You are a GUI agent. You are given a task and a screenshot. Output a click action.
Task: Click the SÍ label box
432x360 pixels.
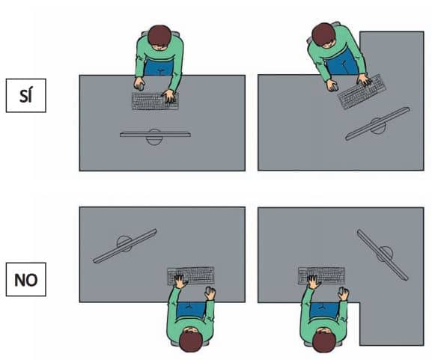(x=26, y=95)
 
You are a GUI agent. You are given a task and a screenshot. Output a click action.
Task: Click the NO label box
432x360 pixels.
(x=26, y=279)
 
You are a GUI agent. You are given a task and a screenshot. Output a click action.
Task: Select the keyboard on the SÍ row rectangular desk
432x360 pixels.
(x=155, y=101)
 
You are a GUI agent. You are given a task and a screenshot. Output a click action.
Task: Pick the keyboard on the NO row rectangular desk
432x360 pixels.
(x=191, y=275)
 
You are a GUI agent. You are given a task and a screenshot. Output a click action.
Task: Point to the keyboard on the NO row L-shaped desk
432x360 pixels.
(x=321, y=275)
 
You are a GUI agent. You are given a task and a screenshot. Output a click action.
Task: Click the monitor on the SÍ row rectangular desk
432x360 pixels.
(x=155, y=135)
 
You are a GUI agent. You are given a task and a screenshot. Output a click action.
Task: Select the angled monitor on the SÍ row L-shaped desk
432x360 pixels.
(x=377, y=124)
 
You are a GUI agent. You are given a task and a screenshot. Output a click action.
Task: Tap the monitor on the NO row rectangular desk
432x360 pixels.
(x=125, y=246)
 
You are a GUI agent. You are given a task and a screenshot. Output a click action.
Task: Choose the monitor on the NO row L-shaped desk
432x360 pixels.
(x=383, y=254)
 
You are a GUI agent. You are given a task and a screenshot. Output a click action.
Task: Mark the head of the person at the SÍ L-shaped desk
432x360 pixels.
(x=324, y=35)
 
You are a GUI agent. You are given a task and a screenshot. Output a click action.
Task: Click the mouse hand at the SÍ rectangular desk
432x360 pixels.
(x=139, y=84)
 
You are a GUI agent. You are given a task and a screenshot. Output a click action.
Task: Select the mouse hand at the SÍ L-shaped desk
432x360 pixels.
(x=332, y=85)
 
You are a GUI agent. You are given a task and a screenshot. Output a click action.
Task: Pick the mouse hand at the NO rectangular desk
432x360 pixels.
(x=210, y=293)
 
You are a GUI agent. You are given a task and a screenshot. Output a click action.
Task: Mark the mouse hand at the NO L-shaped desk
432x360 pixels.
(x=344, y=293)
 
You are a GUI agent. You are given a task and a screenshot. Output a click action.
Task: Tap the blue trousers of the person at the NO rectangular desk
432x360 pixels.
(x=191, y=310)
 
